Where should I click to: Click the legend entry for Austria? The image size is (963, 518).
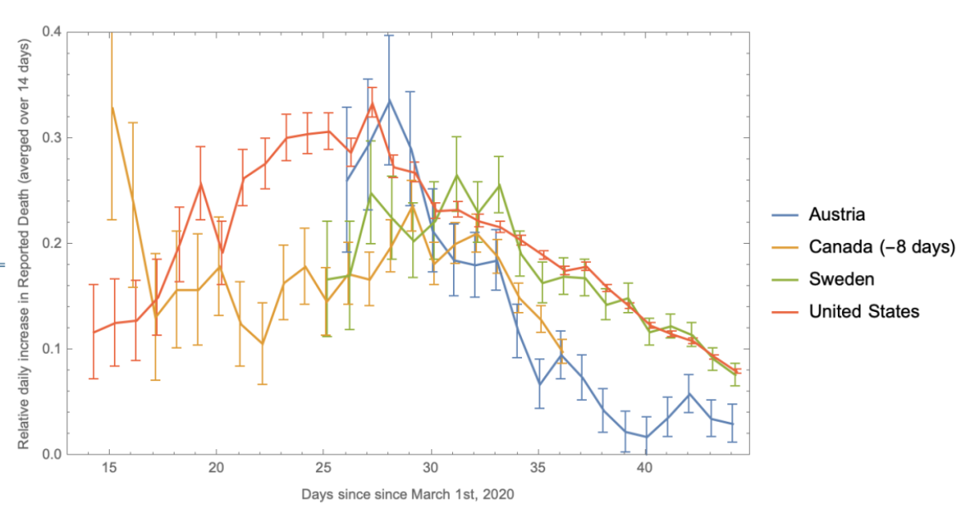tap(837, 214)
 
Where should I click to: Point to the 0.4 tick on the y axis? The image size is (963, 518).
tap(51, 32)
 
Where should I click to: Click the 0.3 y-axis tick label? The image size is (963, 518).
tap(51, 138)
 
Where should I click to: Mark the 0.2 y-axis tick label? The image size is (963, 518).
tap(51, 243)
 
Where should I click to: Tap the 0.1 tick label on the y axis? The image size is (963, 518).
tap(51, 349)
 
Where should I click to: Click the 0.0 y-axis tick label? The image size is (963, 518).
tap(51, 455)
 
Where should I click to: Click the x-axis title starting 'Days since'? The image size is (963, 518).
tap(407, 495)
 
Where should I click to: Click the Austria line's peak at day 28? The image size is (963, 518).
tap(389, 100)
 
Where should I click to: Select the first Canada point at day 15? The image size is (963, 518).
tap(112, 107)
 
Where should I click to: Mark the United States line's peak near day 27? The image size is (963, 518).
tap(372, 103)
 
